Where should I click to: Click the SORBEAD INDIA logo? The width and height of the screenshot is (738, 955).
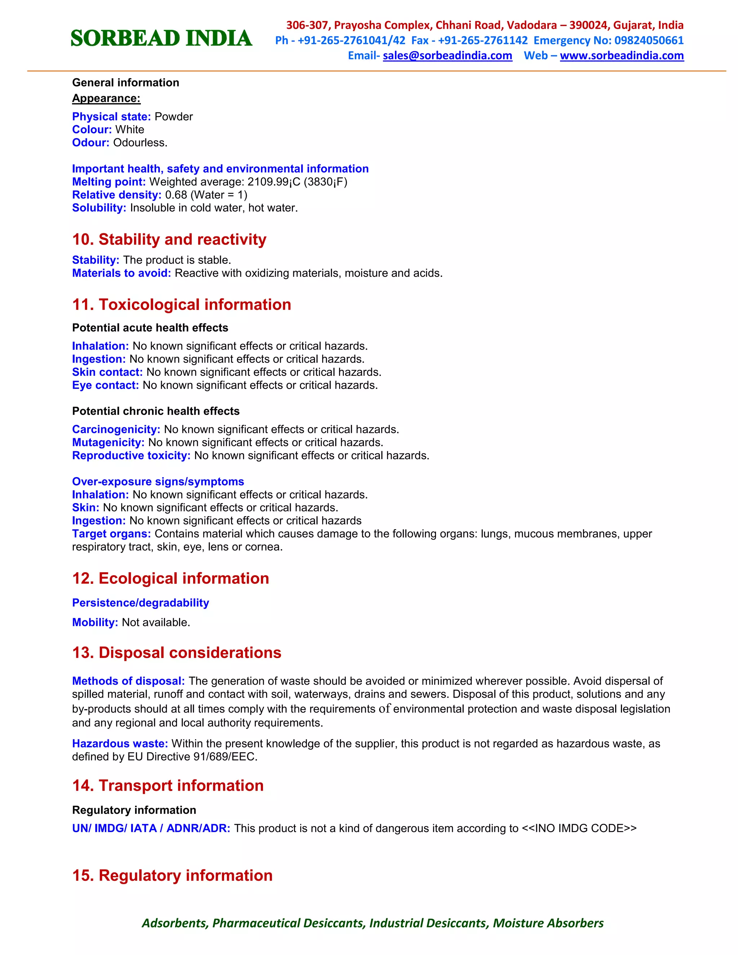click(x=161, y=39)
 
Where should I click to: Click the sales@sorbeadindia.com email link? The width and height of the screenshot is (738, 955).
click(x=447, y=55)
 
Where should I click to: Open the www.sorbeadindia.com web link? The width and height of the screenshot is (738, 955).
click(x=621, y=55)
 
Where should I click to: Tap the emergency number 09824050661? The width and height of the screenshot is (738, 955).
click(x=648, y=40)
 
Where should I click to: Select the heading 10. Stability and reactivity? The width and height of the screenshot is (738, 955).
click(x=169, y=240)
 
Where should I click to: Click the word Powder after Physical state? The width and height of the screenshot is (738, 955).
click(x=174, y=117)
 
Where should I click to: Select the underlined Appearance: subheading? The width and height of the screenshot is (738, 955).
click(x=106, y=98)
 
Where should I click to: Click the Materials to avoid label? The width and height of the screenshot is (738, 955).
click(x=121, y=273)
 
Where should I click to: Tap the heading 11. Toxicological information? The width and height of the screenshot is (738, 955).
click(x=182, y=305)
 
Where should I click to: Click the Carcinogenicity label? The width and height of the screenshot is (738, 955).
click(x=116, y=430)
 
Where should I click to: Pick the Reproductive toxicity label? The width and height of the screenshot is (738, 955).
click(x=131, y=456)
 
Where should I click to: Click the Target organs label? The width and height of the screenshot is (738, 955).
click(x=111, y=534)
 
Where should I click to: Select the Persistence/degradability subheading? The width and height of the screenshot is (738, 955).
click(x=140, y=603)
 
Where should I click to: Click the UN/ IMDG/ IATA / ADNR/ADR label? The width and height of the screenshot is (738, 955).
click(x=151, y=829)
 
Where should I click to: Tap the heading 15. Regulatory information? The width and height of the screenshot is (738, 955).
click(x=172, y=876)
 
